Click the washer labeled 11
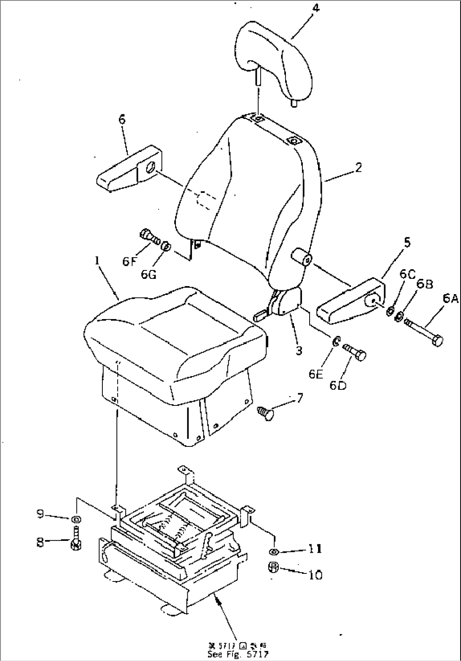(x=273, y=551)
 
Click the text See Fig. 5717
(x=238, y=654)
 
